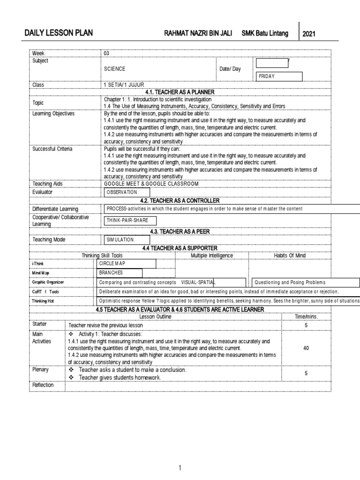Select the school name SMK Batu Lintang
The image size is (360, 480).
click(265, 33)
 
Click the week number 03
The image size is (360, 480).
click(106, 53)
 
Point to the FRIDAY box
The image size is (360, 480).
click(279, 76)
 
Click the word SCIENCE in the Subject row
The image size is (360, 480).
click(115, 69)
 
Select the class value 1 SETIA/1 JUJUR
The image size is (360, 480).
click(124, 85)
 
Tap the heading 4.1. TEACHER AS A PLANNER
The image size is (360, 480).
click(180, 91)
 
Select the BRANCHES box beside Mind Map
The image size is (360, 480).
click(120, 273)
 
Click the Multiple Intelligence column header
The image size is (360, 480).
click(212, 255)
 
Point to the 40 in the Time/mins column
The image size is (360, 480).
click(306, 349)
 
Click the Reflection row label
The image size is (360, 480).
click(43, 385)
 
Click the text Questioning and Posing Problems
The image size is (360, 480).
click(290, 283)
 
